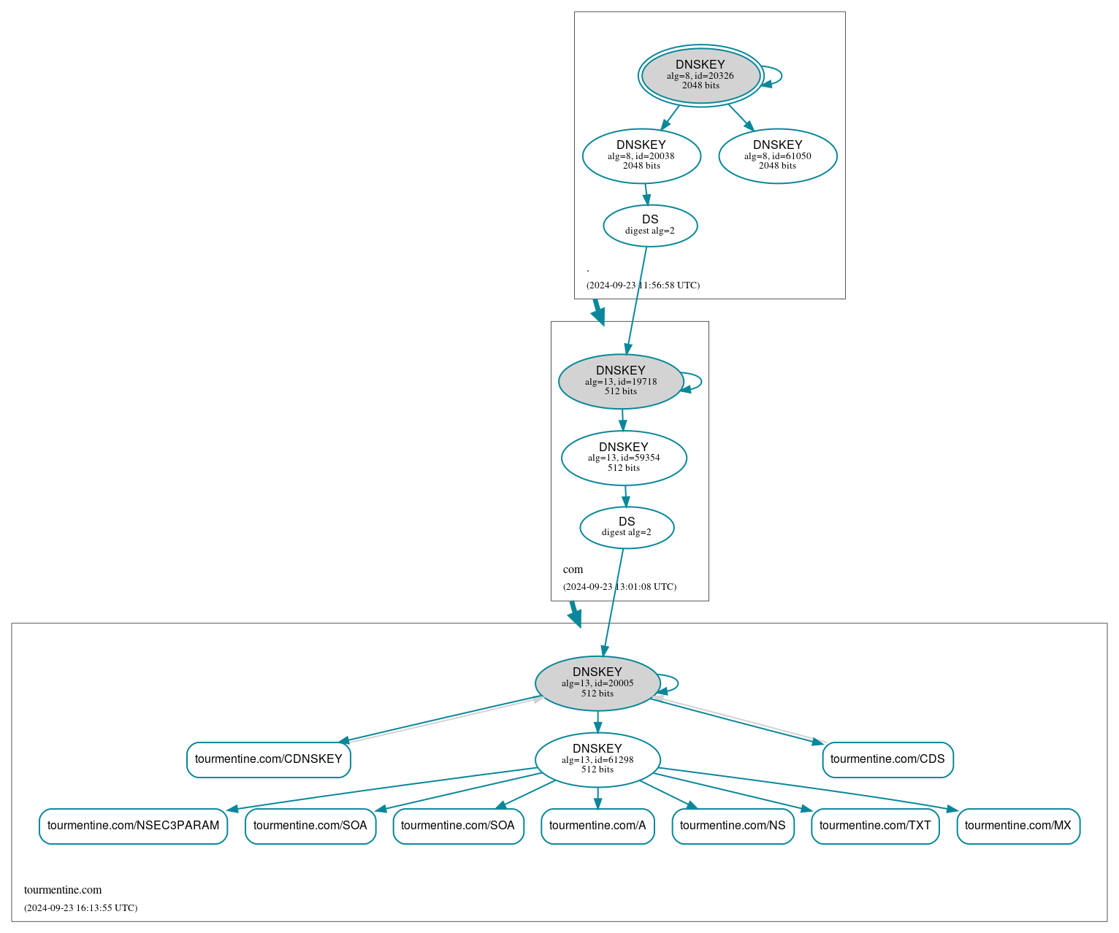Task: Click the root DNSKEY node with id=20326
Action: click(x=700, y=75)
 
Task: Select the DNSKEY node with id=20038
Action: click(x=641, y=155)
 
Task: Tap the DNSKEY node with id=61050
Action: click(x=777, y=155)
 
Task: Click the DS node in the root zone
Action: click(x=650, y=226)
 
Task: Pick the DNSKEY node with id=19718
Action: click(x=620, y=381)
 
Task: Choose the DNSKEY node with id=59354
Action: click(x=623, y=458)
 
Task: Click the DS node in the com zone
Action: click(x=627, y=527)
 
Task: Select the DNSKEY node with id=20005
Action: click(x=597, y=683)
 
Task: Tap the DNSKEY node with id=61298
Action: click(x=597, y=759)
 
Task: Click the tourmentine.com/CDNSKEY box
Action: click(x=268, y=759)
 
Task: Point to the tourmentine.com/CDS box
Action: click(x=887, y=759)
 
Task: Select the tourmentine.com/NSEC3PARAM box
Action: click(x=133, y=826)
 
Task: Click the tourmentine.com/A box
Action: click(x=597, y=826)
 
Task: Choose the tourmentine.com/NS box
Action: click(x=732, y=826)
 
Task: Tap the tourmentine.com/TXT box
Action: click(x=874, y=826)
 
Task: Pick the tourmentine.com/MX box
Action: click(x=1017, y=826)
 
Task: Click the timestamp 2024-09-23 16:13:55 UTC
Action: click(x=80, y=908)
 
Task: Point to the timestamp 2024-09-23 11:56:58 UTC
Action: click(x=643, y=285)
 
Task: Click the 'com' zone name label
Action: click(x=573, y=569)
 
